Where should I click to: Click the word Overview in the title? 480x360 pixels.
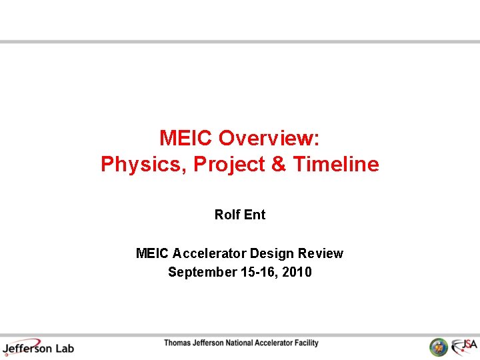coord(269,138)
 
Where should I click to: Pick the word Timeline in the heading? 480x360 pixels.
coord(336,164)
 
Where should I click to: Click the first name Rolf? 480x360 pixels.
coord(227,215)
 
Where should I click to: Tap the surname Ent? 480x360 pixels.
coord(255,215)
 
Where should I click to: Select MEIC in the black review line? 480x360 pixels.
coord(153,253)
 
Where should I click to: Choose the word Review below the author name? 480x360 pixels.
coord(321,253)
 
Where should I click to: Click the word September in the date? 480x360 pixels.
coord(201,272)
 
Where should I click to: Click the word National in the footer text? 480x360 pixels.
coord(234,343)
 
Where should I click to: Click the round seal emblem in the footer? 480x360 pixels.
coord(438,347)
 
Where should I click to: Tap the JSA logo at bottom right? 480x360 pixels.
coord(463,347)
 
